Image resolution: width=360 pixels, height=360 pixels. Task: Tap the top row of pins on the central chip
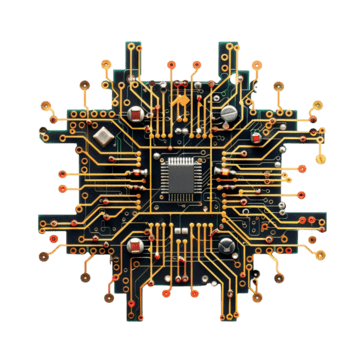click(x=179, y=159)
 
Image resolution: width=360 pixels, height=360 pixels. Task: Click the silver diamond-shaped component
click(x=103, y=135)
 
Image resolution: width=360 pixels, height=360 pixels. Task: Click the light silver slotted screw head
click(x=230, y=112)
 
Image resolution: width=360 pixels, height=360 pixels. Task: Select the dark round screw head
click(x=228, y=245)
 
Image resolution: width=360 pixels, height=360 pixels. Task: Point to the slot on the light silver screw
click(x=230, y=112)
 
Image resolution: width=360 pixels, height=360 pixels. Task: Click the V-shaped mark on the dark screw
click(x=228, y=245)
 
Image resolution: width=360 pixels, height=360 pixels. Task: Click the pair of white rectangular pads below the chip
click(x=180, y=229)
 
